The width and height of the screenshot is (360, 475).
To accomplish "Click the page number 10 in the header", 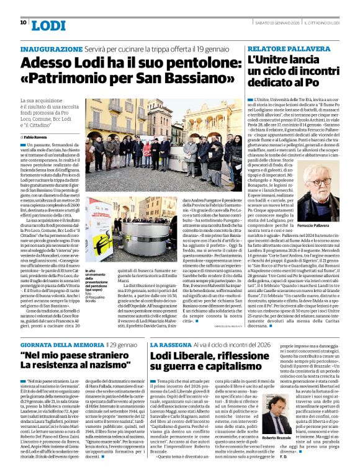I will click(x=23, y=22).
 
